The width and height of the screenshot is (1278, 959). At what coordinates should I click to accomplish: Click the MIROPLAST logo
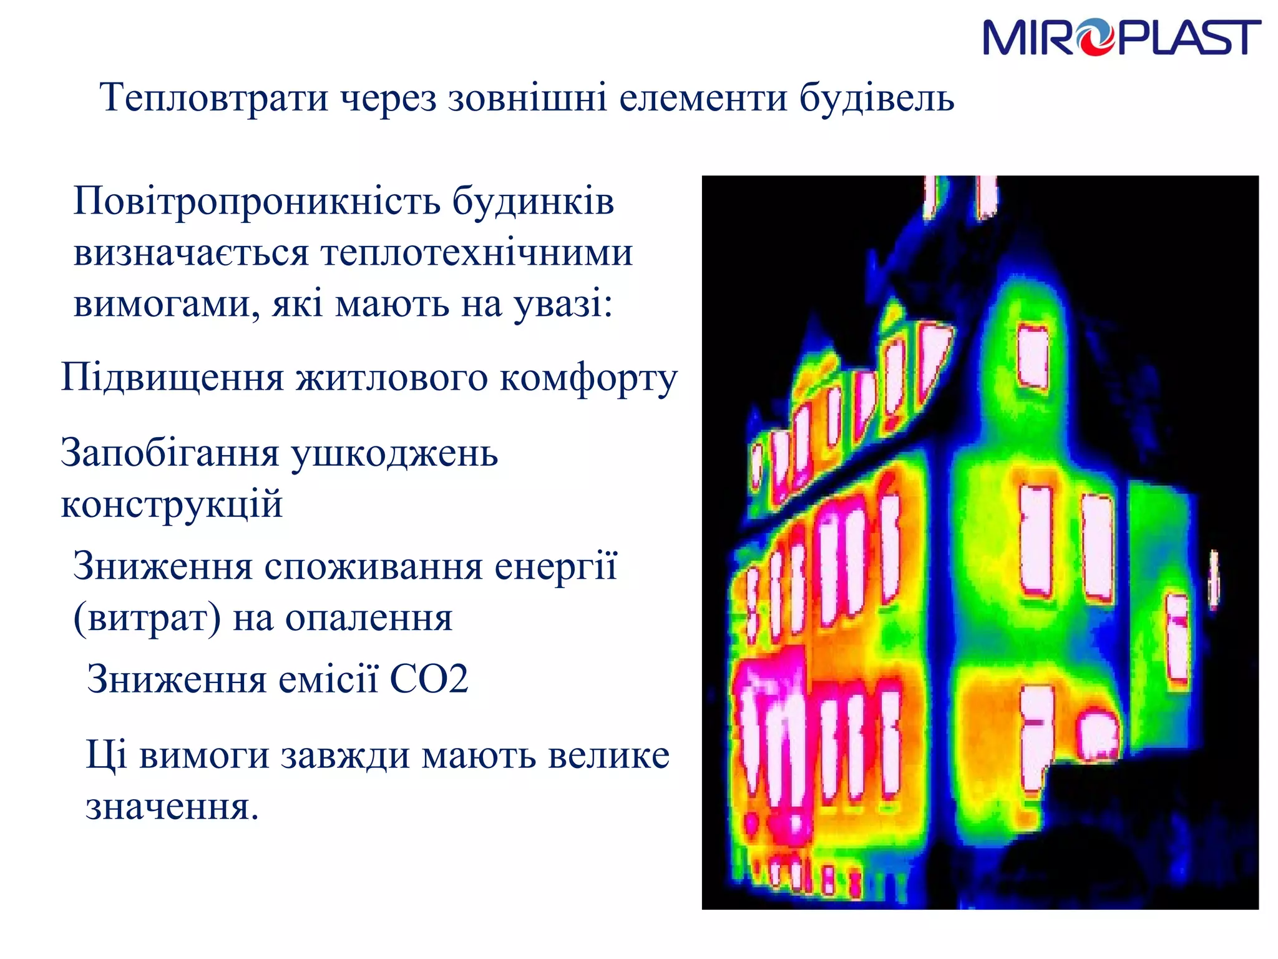tap(1121, 37)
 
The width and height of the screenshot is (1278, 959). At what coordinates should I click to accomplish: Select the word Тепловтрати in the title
tap(213, 98)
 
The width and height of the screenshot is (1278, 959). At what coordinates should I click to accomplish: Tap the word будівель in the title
tap(877, 98)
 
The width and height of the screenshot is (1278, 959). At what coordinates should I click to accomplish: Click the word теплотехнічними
tap(477, 253)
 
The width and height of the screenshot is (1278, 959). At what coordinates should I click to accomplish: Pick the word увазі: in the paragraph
tap(563, 305)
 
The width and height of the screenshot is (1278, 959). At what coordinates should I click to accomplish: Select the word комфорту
tap(588, 378)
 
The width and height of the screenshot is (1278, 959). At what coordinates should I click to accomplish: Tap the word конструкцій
tap(172, 504)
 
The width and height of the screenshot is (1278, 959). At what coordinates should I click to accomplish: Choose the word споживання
tap(373, 567)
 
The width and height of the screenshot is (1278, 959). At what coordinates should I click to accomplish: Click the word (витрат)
tap(147, 619)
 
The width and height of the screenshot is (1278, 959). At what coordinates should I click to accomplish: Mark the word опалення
tap(369, 619)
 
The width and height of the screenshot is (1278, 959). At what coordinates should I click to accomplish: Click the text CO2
tap(429, 679)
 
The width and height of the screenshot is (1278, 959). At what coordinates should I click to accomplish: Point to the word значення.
tap(172, 807)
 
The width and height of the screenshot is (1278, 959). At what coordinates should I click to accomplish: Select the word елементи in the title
tap(703, 98)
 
